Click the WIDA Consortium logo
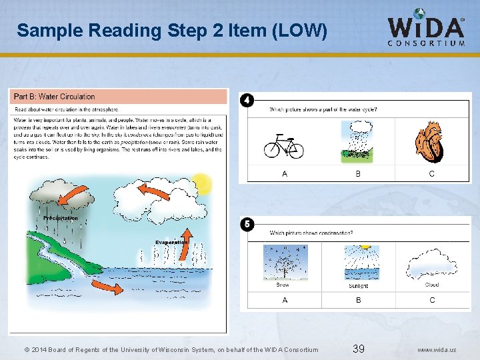coord(427,29)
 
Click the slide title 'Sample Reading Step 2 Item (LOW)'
coord(172,30)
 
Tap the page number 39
coord(358,349)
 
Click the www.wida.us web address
coord(437,349)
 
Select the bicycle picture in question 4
coord(284,145)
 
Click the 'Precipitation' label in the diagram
coord(61,218)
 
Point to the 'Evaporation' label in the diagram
coord(172,242)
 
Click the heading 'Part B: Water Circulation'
coord(55,97)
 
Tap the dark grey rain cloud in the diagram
coord(60,199)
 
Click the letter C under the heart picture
coord(432,173)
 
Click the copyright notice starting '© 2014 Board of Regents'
coord(171,349)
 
